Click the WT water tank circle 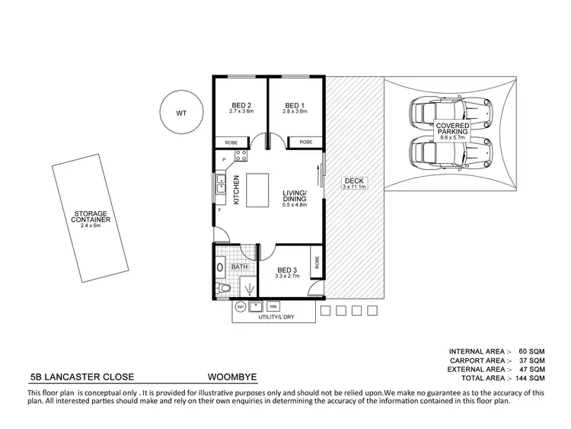click(181, 113)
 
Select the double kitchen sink click(219, 182)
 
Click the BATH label click(240, 267)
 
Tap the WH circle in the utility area click(240, 306)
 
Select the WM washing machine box click(273, 306)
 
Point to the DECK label click(354, 183)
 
